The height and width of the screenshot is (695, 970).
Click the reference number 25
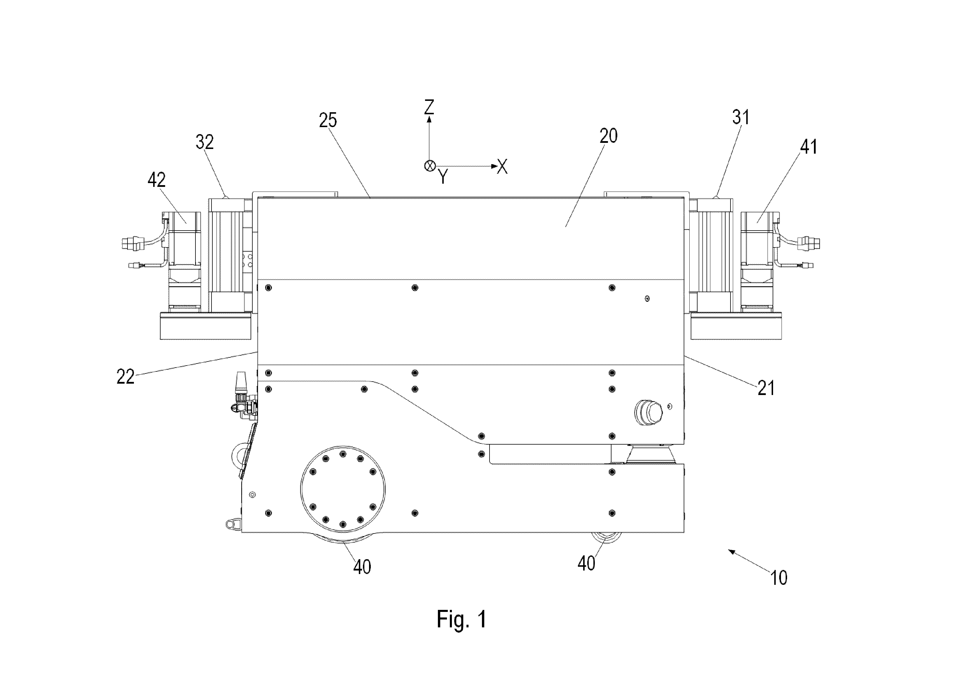coord(328,120)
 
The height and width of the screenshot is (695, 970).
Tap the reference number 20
coord(608,136)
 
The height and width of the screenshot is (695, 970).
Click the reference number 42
coord(157,180)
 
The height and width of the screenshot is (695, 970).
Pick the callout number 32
coord(205,142)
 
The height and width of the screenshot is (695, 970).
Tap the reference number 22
coord(125,377)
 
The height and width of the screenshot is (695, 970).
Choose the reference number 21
coord(766,388)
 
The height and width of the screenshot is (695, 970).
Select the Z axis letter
coord(429,107)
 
